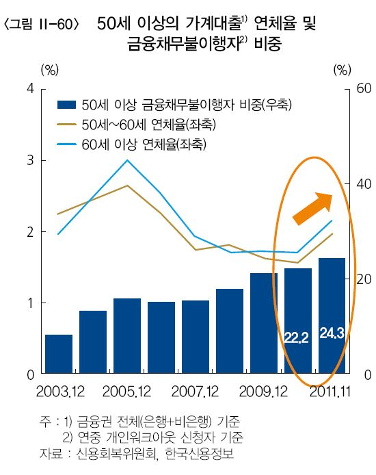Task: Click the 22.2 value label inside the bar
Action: pyautogui.click(x=296, y=337)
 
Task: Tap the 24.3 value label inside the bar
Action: pyautogui.click(x=332, y=333)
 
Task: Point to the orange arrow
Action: pyautogui.click(x=313, y=209)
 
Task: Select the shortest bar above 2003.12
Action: pyautogui.click(x=59, y=354)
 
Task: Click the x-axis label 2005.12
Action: pyautogui.click(x=126, y=391)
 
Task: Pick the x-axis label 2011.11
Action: pyautogui.click(x=330, y=391)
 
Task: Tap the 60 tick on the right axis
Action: pyautogui.click(x=364, y=88)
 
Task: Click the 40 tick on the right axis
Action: pyautogui.click(x=364, y=184)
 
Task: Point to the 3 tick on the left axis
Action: pyautogui.click(x=30, y=160)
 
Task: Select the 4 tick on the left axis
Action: pyautogui.click(x=30, y=88)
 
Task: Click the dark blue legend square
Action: pyautogui.click(x=66, y=105)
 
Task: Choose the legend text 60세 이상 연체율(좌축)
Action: pyautogui.click(x=144, y=144)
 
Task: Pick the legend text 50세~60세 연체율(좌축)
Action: pyautogui.click(x=149, y=125)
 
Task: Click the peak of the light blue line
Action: pyautogui.click(x=127, y=160)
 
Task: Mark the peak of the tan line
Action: pyautogui.click(x=127, y=185)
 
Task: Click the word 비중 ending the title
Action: pyautogui.click(x=268, y=44)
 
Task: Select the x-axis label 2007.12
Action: pyautogui.click(x=195, y=391)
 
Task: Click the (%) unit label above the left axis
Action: pyautogui.click(x=50, y=70)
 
